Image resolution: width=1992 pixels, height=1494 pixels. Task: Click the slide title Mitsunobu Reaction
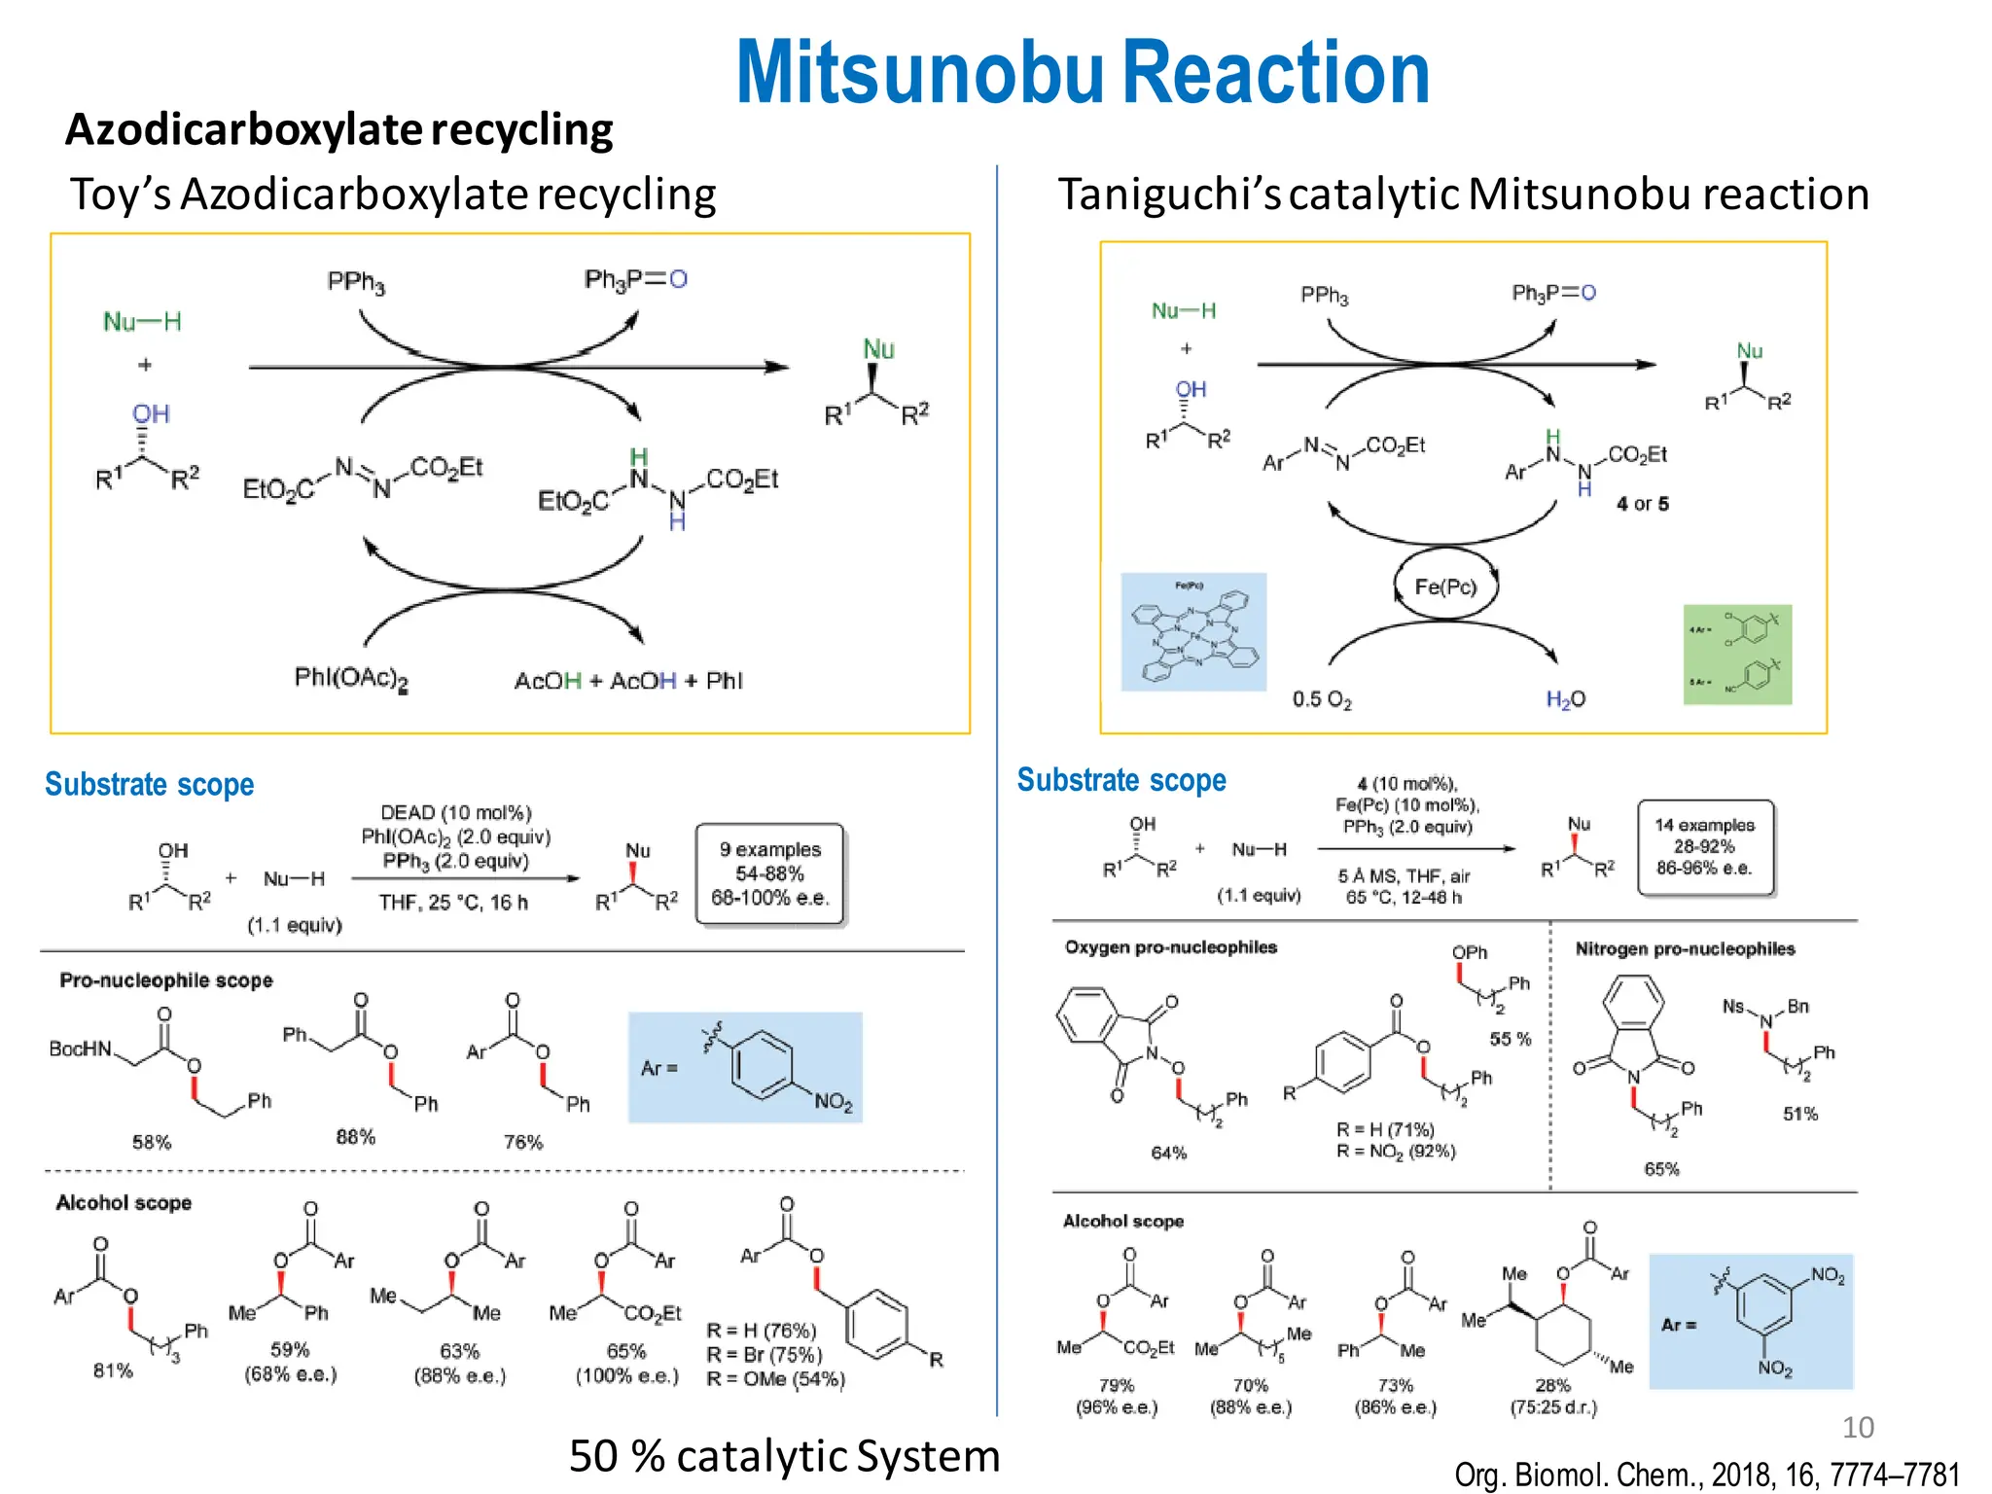(1082, 73)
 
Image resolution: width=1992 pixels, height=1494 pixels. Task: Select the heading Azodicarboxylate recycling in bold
(338, 129)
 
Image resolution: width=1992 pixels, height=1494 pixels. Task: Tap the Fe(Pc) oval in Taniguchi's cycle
(1445, 587)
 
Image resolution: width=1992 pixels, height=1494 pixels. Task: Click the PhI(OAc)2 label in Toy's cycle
(351, 678)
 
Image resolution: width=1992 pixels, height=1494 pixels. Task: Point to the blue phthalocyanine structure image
(1193, 632)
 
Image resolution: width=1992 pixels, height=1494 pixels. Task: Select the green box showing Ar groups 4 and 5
(1737, 655)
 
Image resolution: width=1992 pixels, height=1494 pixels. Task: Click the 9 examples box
(769, 873)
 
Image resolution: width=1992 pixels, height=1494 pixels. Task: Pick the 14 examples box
(1705, 846)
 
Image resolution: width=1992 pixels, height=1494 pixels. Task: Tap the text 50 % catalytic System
(784, 1456)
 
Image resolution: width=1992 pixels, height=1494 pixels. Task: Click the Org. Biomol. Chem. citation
(1706, 1475)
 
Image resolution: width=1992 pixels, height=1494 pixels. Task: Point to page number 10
(1857, 1427)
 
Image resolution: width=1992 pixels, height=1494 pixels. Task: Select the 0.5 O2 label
(1321, 699)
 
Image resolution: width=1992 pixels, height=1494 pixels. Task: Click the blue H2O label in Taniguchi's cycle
(1565, 699)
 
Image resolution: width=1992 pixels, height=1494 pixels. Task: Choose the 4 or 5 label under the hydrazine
(1642, 504)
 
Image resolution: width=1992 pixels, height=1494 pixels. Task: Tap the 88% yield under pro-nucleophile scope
(355, 1136)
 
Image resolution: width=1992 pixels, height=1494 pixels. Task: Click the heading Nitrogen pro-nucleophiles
(1685, 948)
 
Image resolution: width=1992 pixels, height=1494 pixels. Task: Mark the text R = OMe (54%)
(775, 1378)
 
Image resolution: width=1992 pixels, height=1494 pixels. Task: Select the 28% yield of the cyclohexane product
(1552, 1385)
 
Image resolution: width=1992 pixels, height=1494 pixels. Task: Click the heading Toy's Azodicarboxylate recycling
(393, 195)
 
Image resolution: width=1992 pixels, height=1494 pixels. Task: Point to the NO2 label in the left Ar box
(833, 1102)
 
